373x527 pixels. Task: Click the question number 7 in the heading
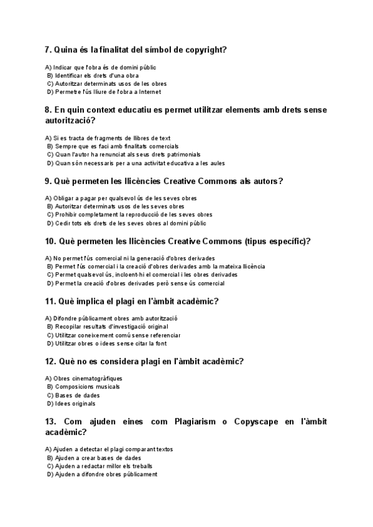(x=48, y=50)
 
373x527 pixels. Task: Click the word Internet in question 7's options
(x=149, y=91)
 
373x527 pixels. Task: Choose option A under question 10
(x=134, y=258)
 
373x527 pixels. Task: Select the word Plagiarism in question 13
(x=189, y=422)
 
